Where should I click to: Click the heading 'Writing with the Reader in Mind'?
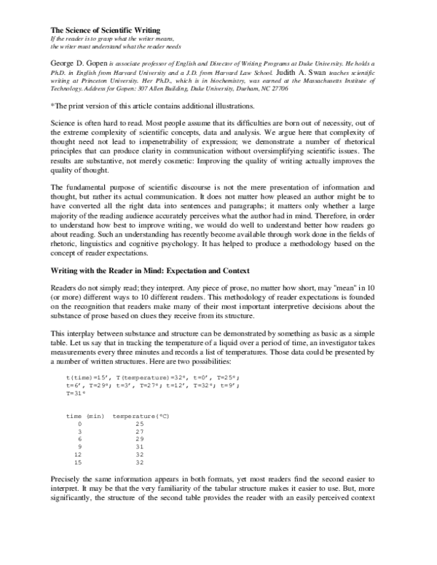pyautogui.click(x=115, y=270)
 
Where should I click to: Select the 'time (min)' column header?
pyautogui.click(x=85, y=416)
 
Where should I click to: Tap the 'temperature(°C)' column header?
pyautogui.click(x=141, y=416)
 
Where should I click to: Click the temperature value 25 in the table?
pyautogui.click(x=139, y=424)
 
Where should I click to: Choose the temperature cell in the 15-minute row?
pyautogui.click(x=139, y=462)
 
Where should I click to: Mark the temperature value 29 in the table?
pyautogui.click(x=139, y=439)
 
